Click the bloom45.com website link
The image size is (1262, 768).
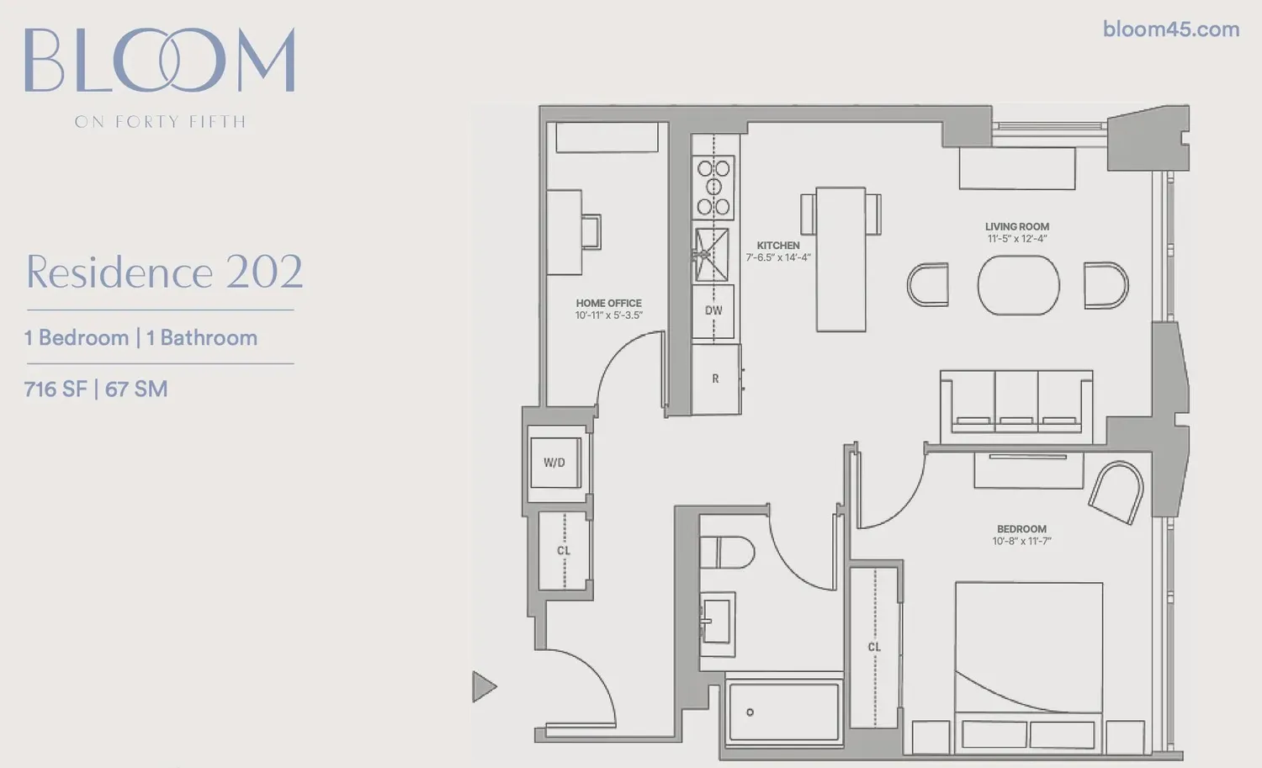pyautogui.click(x=1171, y=29)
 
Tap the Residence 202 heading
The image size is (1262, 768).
pyautogui.click(x=164, y=273)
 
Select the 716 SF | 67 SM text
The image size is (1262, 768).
pyautogui.click(x=96, y=389)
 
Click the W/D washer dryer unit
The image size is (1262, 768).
pyautogui.click(x=555, y=463)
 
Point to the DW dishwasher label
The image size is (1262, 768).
pyautogui.click(x=713, y=310)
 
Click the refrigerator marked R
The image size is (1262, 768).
pyautogui.click(x=715, y=379)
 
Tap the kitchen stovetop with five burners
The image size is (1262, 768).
pyautogui.click(x=713, y=188)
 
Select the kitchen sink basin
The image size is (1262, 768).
pyautogui.click(x=712, y=255)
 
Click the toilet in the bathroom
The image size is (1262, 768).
pyautogui.click(x=727, y=553)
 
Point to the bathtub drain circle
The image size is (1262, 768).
pyautogui.click(x=750, y=712)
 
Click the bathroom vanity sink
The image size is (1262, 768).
pyautogui.click(x=717, y=623)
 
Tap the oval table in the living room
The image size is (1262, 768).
pyautogui.click(x=1019, y=285)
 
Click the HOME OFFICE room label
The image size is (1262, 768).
pyautogui.click(x=608, y=303)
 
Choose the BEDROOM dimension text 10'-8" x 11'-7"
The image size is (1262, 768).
pyautogui.click(x=1021, y=542)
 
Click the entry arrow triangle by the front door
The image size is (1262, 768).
pyautogui.click(x=484, y=687)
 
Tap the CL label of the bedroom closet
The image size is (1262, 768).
pyautogui.click(x=874, y=648)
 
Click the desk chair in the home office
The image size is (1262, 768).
pyautogui.click(x=591, y=231)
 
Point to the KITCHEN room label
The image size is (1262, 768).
pyautogui.click(x=778, y=246)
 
